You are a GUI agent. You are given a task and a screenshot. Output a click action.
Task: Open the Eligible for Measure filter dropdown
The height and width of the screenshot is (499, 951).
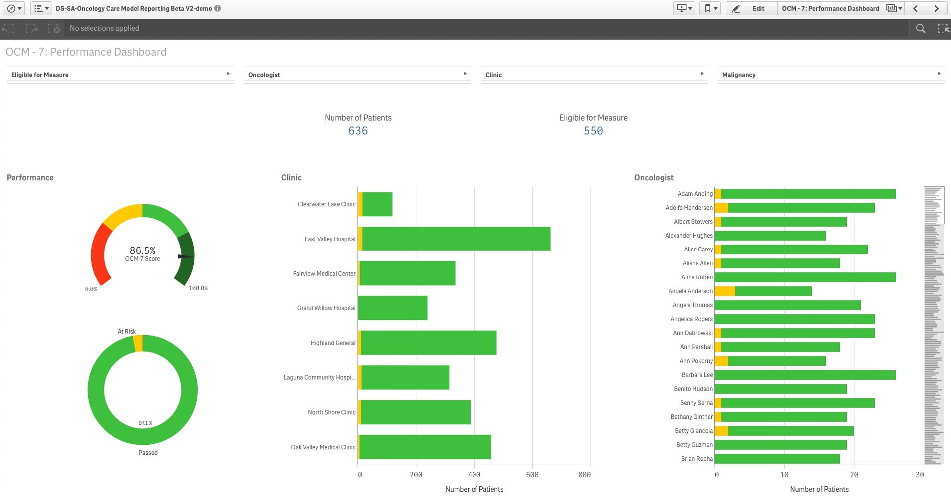click(x=120, y=75)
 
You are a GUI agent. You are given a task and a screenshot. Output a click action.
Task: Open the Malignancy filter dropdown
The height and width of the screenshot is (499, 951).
click(x=831, y=75)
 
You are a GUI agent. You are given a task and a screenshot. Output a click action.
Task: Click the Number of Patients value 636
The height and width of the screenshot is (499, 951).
click(x=358, y=131)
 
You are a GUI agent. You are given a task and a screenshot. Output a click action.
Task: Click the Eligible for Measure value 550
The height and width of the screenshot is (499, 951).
click(x=593, y=131)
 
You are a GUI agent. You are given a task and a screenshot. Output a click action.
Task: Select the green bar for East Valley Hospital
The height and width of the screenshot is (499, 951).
click(x=456, y=239)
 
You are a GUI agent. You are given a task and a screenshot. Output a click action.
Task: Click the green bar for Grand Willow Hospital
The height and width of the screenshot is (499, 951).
click(x=393, y=308)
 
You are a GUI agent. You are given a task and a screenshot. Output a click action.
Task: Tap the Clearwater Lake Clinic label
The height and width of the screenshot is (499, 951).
click(x=326, y=204)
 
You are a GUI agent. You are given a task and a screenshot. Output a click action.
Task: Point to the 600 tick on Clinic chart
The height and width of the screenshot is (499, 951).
click(x=532, y=475)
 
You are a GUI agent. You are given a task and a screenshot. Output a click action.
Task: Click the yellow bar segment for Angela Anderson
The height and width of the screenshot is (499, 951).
click(x=724, y=291)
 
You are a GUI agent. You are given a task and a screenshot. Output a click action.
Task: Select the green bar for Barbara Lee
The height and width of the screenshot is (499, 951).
click(x=805, y=375)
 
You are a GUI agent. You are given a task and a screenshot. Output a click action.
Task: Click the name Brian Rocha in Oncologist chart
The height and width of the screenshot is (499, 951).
click(x=697, y=459)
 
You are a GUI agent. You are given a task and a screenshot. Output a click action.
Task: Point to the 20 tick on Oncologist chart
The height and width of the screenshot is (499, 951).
click(x=854, y=475)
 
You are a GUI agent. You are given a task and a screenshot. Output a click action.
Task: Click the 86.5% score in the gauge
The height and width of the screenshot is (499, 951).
click(x=143, y=250)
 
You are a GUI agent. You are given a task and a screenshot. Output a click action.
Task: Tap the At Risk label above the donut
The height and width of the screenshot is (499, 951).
click(x=127, y=331)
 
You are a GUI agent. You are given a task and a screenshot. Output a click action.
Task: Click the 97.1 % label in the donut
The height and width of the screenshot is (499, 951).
click(x=145, y=423)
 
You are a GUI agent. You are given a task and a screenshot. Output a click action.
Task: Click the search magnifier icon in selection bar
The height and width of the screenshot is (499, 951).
click(x=920, y=29)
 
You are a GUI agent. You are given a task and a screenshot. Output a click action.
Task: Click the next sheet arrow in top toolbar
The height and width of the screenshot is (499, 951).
click(x=936, y=8)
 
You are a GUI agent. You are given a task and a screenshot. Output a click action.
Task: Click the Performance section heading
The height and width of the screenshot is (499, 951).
click(x=30, y=178)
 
